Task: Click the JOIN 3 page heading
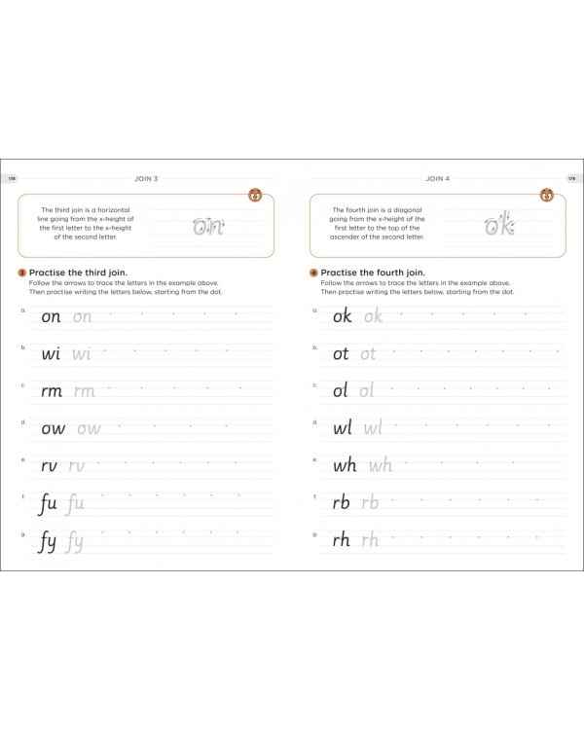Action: (x=149, y=179)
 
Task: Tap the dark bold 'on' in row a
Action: (x=51, y=316)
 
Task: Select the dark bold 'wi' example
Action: (x=51, y=353)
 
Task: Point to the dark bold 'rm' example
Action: (x=52, y=391)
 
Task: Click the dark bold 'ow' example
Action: (x=53, y=428)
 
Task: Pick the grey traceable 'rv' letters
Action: (x=77, y=466)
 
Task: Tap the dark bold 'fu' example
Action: (x=48, y=504)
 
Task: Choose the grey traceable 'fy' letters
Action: (x=74, y=542)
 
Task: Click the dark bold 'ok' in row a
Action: (x=342, y=316)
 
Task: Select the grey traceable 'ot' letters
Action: (x=368, y=354)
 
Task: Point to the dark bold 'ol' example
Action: (x=340, y=391)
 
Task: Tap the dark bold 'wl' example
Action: (x=343, y=428)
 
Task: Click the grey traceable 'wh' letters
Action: (x=380, y=466)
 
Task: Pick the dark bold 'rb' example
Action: (x=342, y=503)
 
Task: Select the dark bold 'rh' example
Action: (x=342, y=540)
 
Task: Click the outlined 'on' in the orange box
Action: (x=207, y=227)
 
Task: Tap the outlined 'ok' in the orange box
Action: (x=498, y=226)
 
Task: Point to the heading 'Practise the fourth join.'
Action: (x=373, y=274)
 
